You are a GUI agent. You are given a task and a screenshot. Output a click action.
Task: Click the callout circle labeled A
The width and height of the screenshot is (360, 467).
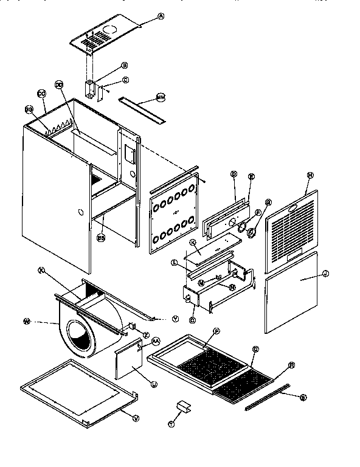coord(161,16)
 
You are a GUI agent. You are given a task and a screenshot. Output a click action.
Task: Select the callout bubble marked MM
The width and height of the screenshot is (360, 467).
coord(161,97)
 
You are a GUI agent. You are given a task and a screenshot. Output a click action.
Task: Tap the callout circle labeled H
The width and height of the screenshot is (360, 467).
coord(310,175)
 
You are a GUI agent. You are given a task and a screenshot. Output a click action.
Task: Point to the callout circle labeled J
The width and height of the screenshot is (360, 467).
coord(325,274)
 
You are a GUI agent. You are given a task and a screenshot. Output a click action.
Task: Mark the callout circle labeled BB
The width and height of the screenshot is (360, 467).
coord(100,238)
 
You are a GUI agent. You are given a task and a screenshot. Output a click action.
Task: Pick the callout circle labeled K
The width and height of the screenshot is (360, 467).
coord(193,242)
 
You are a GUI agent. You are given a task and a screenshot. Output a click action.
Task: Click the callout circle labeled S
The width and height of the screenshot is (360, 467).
coord(303,397)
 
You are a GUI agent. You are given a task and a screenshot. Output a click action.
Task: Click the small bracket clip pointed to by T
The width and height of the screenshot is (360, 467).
coord(182,405)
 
